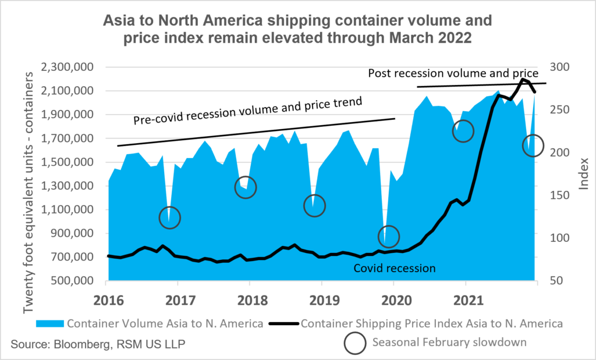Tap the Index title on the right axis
[x=584, y=174]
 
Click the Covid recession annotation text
[x=395, y=268]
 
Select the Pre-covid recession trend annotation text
[x=247, y=111]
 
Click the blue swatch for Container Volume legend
[x=50, y=323]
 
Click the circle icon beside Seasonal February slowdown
[x=356, y=343]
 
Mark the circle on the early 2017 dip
[x=170, y=218]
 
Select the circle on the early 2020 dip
[x=389, y=236]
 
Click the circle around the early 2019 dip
[x=314, y=206]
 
